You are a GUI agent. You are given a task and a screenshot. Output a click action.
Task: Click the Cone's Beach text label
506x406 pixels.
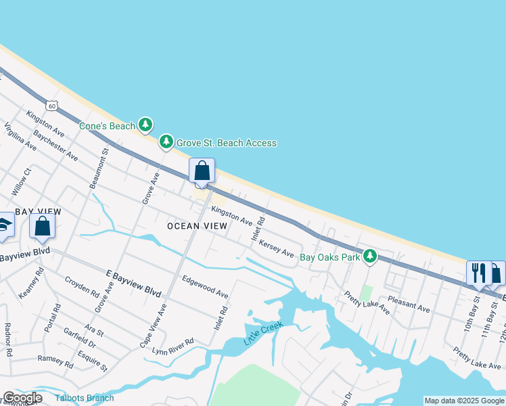click(x=107, y=126)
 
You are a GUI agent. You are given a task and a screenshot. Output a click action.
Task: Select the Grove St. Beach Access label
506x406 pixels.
click(x=226, y=143)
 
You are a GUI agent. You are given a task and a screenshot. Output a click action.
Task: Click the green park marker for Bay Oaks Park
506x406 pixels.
click(x=369, y=256)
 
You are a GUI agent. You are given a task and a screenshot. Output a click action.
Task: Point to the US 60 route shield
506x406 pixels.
click(x=52, y=106)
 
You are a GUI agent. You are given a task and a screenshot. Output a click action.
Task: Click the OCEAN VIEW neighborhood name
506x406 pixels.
click(x=198, y=226)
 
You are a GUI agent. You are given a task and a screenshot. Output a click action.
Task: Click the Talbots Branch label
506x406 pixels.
click(x=85, y=398)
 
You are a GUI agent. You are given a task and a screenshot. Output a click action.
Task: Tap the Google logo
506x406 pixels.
click(x=22, y=398)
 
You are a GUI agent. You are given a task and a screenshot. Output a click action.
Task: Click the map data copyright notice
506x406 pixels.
click(x=464, y=401)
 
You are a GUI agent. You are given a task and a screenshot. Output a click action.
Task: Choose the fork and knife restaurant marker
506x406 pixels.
click(x=478, y=273)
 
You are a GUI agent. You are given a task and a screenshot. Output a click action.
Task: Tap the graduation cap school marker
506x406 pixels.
click(x=4, y=227)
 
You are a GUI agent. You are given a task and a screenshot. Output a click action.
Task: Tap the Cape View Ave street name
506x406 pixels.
click(x=153, y=325)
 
